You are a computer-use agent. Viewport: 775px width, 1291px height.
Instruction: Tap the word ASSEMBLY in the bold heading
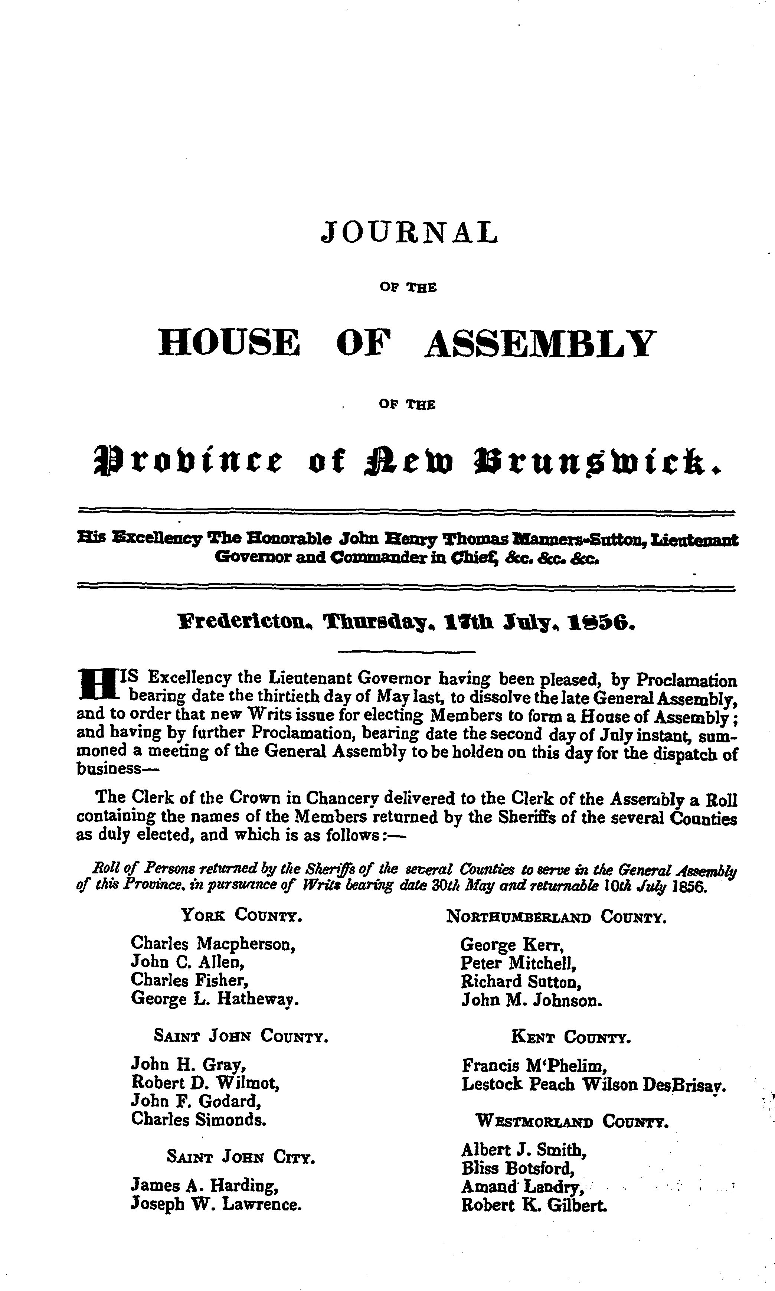click(x=539, y=344)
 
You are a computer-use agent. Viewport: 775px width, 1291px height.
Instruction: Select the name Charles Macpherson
click(x=213, y=944)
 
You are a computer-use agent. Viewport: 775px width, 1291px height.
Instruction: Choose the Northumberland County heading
click(x=556, y=916)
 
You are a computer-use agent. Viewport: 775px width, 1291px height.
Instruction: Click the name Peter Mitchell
click(x=518, y=962)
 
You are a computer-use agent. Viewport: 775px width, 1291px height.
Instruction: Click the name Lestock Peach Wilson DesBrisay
click(x=593, y=1084)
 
